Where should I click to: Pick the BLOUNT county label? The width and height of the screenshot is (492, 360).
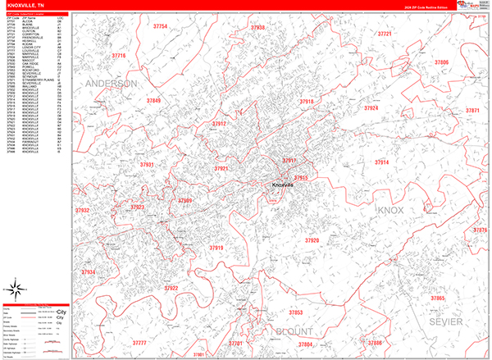pos(291,331)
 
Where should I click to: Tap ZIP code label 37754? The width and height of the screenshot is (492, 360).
pos(159,27)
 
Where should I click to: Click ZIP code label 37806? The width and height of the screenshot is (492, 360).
pos(441,63)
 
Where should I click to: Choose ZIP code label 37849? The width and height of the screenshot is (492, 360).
pos(153,101)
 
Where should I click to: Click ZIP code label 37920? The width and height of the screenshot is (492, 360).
pos(312,240)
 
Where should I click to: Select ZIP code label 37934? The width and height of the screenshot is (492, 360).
pos(88,272)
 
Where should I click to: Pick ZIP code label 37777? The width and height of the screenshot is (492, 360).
pos(139,343)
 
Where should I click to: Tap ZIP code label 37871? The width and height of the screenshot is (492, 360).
pos(472,111)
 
